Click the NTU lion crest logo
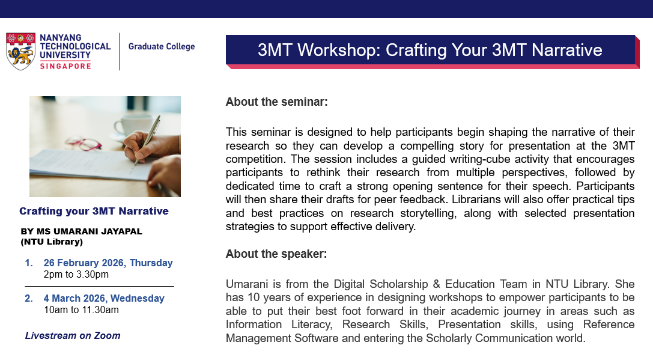point(20,51)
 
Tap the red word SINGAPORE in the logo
point(65,66)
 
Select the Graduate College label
point(162,46)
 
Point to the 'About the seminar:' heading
point(276,102)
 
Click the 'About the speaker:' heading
point(276,254)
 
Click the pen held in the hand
point(147,140)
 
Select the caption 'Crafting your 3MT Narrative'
point(94,211)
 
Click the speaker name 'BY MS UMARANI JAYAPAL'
point(82,231)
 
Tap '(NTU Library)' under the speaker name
point(52,242)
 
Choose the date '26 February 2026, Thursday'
point(108,263)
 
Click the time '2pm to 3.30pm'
point(76,274)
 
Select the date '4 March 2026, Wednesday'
point(104,298)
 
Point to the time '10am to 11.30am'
point(81,310)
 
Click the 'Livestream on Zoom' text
point(73,335)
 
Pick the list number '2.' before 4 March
point(29,298)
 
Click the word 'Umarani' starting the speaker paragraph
point(246,284)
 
